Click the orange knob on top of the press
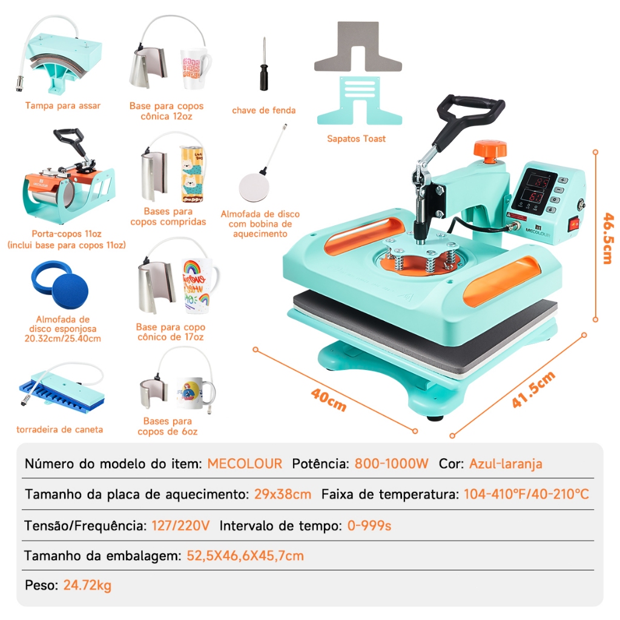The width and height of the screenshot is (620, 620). click(x=490, y=150)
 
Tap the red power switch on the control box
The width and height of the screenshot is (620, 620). click(x=574, y=225)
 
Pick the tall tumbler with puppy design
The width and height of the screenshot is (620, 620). click(x=192, y=174)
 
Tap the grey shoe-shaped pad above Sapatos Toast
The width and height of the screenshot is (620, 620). click(x=358, y=47)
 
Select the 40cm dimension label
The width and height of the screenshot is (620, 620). click(x=329, y=400)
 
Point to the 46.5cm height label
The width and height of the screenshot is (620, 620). click(x=608, y=238)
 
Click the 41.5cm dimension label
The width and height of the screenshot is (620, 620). click(x=533, y=389)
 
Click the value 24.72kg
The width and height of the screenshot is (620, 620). click(x=87, y=585)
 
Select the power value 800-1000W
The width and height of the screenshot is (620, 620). click(x=392, y=463)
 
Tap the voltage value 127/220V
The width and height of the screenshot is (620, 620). click(x=180, y=526)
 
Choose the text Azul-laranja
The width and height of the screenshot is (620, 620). click(x=506, y=464)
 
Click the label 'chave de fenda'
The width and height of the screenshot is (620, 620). click(x=264, y=110)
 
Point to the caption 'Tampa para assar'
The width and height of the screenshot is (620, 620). click(x=63, y=105)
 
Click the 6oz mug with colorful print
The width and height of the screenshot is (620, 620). click(x=195, y=393)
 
